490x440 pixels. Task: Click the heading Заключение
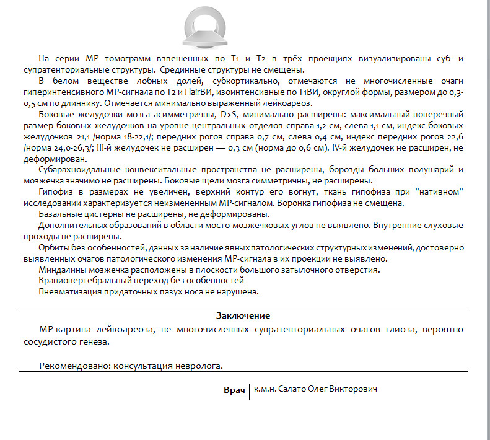[243, 315]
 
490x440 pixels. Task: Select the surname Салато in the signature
[294, 389]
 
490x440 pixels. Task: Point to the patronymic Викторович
[355, 389]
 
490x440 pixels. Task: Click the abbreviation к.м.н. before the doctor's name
[265, 389]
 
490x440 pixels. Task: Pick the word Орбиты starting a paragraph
[53, 247]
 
